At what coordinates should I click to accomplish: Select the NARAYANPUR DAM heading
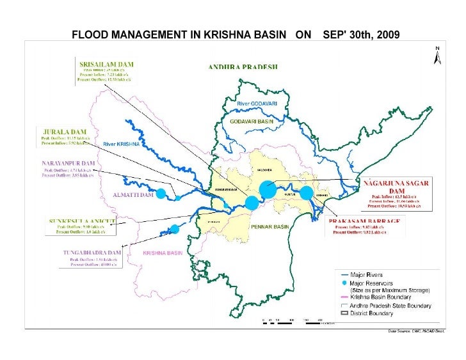tap(68, 164)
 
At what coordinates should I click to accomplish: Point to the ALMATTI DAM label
tap(133, 194)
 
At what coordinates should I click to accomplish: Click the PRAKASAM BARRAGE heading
tap(365, 220)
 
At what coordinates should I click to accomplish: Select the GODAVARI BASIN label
tap(251, 121)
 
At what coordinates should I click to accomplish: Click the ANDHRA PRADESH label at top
tap(243, 67)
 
